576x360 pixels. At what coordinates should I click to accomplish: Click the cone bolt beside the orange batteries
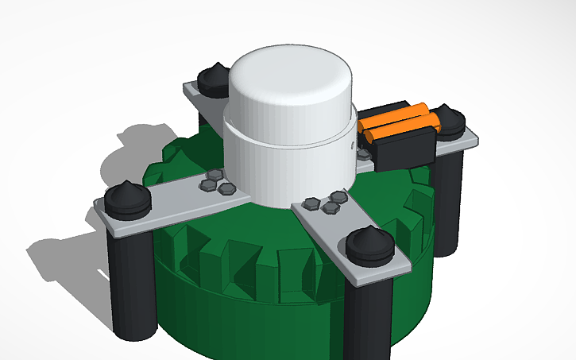[450, 119]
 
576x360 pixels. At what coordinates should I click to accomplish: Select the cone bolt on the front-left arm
[126, 198]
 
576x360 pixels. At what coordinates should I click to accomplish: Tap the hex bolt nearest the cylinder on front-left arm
[226, 188]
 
